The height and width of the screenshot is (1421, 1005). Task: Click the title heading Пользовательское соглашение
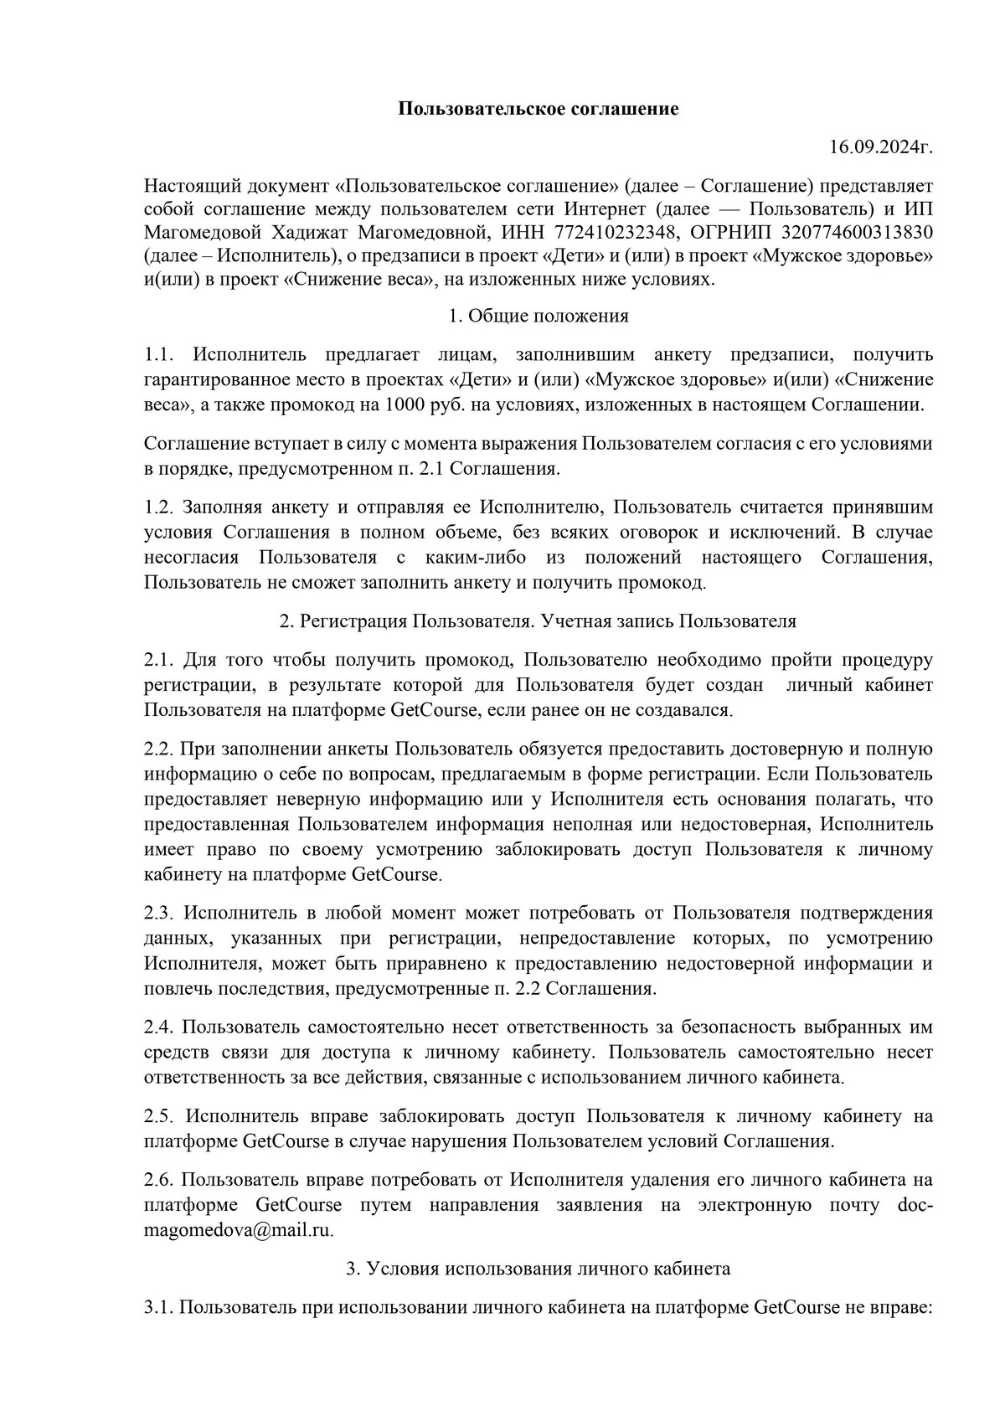pyautogui.click(x=538, y=109)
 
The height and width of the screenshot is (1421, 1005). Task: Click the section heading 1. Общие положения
pyautogui.click(x=538, y=316)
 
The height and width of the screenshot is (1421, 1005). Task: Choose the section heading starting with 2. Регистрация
pyautogui.click(x=538, y=621)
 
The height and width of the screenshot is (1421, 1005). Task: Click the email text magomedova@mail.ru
pyautogui.click(x=239, y=1230)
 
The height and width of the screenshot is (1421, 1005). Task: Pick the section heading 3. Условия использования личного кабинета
pyautogui.click(x=538, y=1268)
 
